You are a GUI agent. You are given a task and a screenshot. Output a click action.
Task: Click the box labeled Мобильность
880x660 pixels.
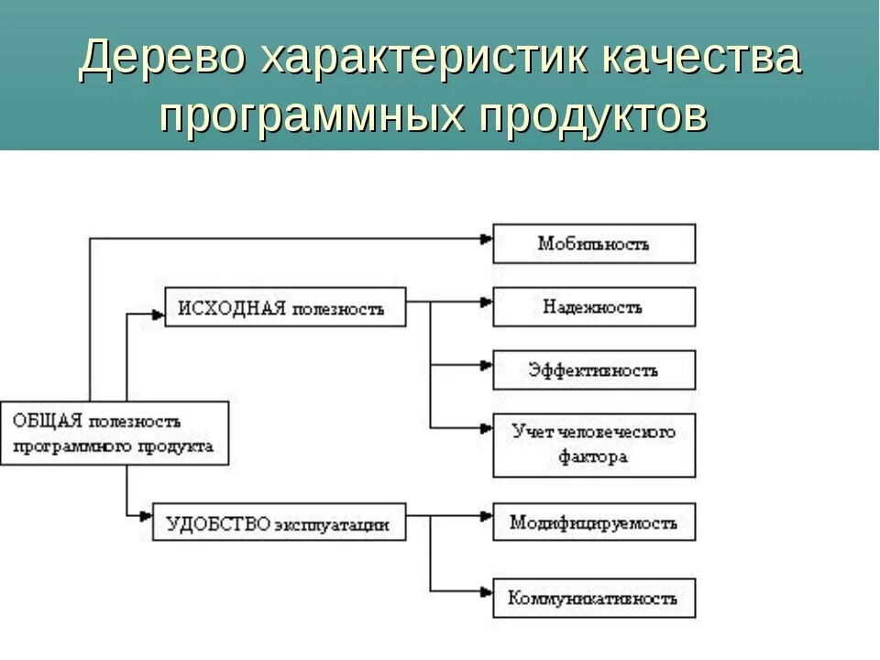[x=594, y=244]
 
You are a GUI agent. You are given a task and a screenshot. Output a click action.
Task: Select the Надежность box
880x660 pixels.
[x=594, y=307]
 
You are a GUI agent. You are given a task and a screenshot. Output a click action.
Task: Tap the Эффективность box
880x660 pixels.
[x=594, y=370]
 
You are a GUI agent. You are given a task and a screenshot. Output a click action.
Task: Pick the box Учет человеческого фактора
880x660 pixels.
[x=594, y=445]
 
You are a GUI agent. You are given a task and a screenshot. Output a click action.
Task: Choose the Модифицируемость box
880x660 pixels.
[x=594, y=522]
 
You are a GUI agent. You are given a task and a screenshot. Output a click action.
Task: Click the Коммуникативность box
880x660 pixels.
[x=594, y=598]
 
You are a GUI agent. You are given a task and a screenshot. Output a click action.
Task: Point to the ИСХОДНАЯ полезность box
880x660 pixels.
[x=286, y=307]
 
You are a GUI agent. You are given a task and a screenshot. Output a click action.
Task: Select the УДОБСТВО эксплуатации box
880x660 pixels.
[x=279, y=523]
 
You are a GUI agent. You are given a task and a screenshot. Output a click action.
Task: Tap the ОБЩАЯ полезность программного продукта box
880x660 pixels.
[x=114, y=434]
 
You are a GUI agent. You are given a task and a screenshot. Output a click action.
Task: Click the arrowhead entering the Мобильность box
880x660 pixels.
[x=487, y=239]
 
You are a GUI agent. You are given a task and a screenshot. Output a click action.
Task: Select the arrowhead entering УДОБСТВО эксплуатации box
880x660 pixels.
[x=146, y=517]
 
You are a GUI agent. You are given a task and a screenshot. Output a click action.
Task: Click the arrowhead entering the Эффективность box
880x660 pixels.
[x=487, y=365]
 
